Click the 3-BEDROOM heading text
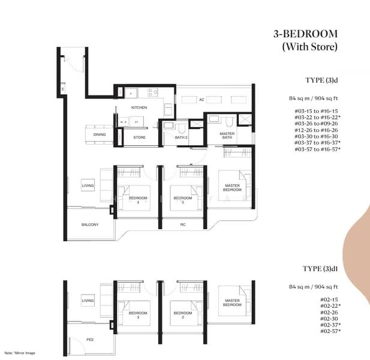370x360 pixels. [x=305, y=34]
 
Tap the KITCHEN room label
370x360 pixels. [x=139, y=107]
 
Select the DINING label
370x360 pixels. [x=100, y=134]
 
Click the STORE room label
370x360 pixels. [x=139, y=137]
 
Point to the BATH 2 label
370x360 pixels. [x=181, y=137]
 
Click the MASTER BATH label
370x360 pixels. [x=227, y=136]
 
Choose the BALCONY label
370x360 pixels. [x=90, y=224]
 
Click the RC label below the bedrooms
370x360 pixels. [x=182, y=225]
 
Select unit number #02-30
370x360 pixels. [x=329, y=318]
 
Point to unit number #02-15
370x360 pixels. [x=329, y=299]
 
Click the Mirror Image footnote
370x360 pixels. [x=21, y=352]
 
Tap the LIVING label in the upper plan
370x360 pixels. [x=88, y=186]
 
